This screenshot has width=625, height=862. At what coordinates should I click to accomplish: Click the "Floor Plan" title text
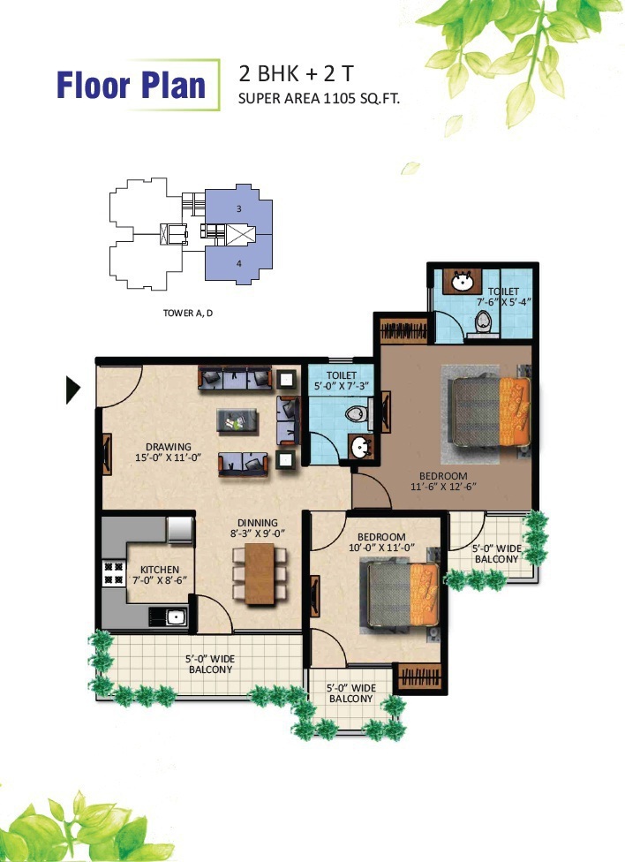pos(131,85)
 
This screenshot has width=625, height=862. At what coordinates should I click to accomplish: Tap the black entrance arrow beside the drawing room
pos(72,389)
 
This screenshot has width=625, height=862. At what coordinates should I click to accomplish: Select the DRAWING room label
pos(169,447)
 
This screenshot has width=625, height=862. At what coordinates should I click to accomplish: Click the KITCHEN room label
pos(160,570)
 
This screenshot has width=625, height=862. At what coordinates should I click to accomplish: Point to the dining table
pos(260,573)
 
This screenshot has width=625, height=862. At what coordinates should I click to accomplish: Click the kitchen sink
pos(176,616)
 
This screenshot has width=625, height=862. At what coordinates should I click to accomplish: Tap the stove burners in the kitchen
pos(115,573)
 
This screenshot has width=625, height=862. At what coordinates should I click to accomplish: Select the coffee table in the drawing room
pos(237,421)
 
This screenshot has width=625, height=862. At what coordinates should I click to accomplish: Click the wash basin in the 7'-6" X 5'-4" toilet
pos(463,282)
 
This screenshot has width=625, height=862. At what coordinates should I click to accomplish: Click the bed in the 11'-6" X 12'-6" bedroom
pos(490,412)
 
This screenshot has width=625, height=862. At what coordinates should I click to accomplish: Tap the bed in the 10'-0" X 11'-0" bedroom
pos(403,594)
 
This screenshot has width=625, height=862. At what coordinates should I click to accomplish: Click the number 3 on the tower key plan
pos(239,208)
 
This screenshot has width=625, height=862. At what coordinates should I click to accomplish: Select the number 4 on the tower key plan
pos(239,263)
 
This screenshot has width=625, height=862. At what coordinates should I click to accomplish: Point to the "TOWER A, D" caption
pos(188,313)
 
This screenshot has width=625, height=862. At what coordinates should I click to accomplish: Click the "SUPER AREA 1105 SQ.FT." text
pos(319,99)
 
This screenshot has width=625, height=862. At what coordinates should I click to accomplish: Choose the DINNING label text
pos(257,523)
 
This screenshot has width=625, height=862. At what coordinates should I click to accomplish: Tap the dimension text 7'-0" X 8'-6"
pos(160,580)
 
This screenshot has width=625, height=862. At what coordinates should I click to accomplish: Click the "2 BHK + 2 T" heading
pos(297,73)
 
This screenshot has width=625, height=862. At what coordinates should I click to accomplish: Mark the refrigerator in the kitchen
pos(180,530)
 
